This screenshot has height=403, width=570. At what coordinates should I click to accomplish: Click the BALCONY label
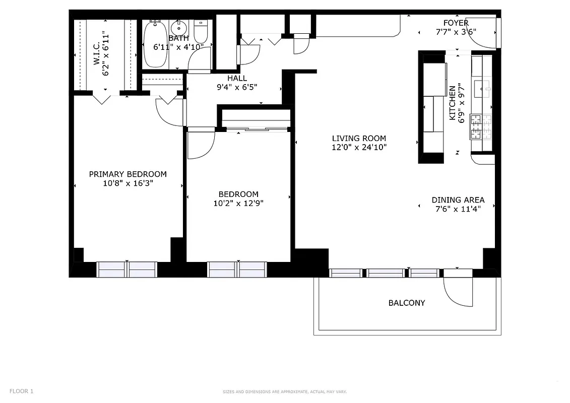(x=406, y=303)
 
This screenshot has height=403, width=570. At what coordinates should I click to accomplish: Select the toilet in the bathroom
(x=201, y=32)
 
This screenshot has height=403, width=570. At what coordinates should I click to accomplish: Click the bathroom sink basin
(x=178, y=27)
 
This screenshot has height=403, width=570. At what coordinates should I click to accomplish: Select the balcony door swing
(x=457, y=291)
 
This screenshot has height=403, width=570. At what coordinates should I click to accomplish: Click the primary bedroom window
(x=127, y=270)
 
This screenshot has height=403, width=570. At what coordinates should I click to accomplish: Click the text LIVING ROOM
(x=359, y=138)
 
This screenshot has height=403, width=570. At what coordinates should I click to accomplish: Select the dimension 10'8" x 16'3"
(x=128, y=183)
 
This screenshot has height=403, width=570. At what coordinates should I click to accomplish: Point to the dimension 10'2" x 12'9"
(x=238, y=204)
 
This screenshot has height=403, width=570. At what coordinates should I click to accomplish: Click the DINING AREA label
(x=458, y=199)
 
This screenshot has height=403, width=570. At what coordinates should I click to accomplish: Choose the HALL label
(x=237, y=78)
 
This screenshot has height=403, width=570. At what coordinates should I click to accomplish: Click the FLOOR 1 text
(x=22, y=391)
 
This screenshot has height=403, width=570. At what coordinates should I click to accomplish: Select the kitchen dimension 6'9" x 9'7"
(x=460, y=103)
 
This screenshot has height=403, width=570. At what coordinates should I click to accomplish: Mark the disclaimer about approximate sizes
(x=285, y=391)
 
